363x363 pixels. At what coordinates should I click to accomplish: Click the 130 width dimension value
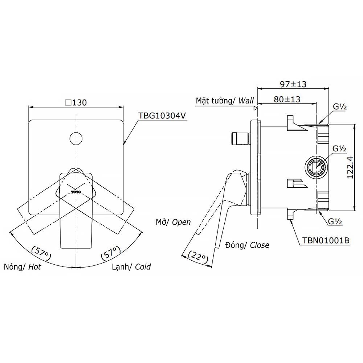pyautogui.click(x=79, y=102)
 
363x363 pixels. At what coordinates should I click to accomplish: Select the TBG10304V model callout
pyautogui.click(x=162, y=115)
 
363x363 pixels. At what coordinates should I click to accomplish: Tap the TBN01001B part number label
pyautogui.click(x=326, y=241)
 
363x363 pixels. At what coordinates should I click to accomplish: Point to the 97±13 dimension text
pyautogui.click(x=293, y=84)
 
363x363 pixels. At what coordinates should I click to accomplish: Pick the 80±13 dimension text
pyautogui.click(x=287, y=99)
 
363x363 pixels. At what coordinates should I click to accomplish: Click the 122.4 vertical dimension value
pyautogui.click(x=350, y=167)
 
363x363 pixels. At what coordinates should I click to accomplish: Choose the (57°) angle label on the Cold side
pyautogui.click(x=111, y=253)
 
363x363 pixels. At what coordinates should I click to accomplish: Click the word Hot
pyautogui.click(x=34, y=267)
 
